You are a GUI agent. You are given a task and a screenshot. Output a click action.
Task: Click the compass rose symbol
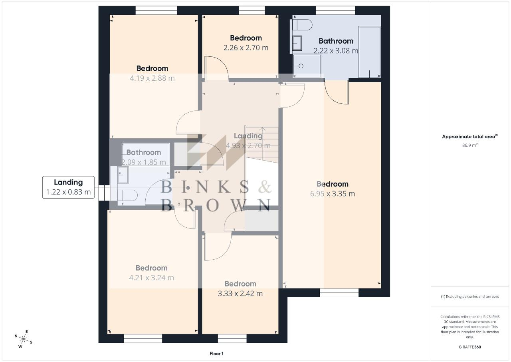point(23,339)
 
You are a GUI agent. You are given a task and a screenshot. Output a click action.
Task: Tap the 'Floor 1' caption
point(216,354)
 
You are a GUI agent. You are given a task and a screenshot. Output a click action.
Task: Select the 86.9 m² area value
point(470,145)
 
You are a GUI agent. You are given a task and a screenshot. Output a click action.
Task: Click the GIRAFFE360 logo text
point(470,347)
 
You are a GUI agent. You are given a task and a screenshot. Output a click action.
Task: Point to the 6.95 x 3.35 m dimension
point(333,193)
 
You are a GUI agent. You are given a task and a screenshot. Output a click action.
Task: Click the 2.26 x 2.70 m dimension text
point(246,48)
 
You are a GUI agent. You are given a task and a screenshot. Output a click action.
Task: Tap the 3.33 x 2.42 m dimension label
point(240,293)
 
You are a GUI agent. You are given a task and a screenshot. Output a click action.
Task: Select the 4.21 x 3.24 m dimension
point(151,278)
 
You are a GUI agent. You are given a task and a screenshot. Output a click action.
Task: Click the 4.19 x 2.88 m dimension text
point(152,78)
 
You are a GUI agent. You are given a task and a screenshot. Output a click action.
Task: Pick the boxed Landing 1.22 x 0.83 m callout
point(68,187)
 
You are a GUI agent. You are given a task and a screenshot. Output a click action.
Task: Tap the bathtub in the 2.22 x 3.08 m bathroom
point(369,52)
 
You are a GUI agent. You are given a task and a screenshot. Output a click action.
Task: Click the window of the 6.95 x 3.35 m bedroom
point(339,292)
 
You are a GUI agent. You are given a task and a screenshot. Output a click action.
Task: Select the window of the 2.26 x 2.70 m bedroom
point(252,10)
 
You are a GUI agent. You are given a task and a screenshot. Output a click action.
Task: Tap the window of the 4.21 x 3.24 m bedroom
point(143,338)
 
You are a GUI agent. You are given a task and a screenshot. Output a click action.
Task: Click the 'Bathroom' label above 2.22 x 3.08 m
point(336,41)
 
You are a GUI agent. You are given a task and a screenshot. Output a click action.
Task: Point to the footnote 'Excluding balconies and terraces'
point(470,296)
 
